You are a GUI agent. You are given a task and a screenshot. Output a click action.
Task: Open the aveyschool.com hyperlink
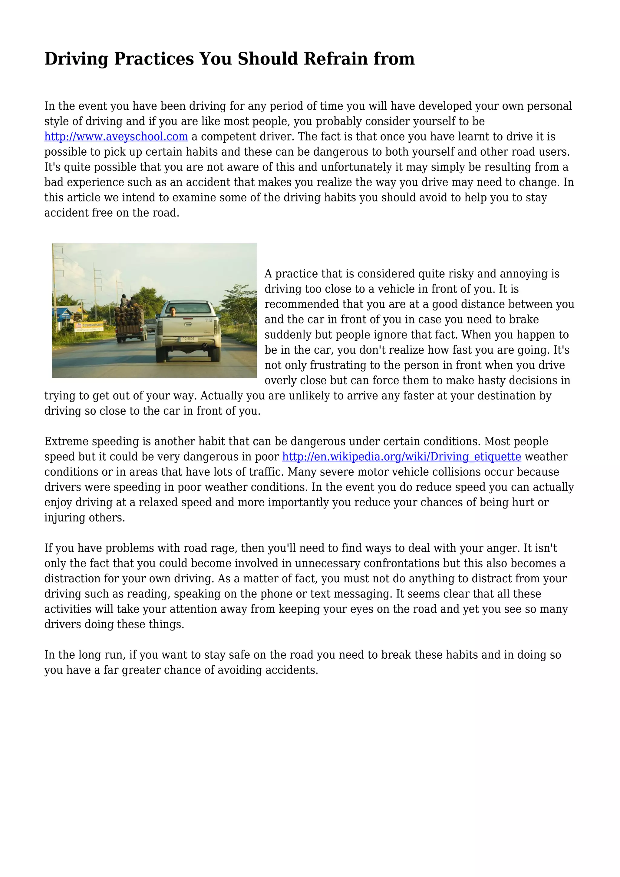[x=116, y=137]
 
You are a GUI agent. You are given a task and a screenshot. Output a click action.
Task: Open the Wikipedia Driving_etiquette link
[x=402, y=457]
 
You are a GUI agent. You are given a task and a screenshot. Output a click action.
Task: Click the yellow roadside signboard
[x=89, y=326]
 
